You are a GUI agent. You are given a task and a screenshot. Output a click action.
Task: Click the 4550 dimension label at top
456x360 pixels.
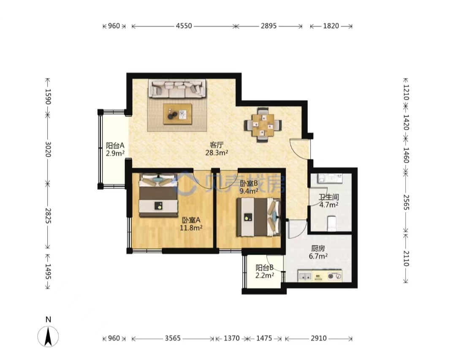click(184, 26)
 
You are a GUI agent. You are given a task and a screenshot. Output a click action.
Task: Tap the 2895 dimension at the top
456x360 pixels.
click(269, 26)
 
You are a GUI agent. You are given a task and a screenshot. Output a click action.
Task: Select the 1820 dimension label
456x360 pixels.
click(331, 26)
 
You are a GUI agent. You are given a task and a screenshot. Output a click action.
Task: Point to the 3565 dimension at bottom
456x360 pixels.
click(173, 338)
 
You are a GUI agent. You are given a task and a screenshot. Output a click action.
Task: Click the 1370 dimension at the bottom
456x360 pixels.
click(231, 338)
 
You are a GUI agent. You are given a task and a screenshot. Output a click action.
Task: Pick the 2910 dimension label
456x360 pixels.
click(318, 338)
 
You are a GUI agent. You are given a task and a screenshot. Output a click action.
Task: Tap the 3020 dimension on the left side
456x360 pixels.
click(48, 149)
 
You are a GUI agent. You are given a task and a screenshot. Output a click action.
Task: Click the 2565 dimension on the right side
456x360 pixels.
click(406, 202)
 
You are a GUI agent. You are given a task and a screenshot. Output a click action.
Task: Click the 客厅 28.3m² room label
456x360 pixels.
click(217, 149)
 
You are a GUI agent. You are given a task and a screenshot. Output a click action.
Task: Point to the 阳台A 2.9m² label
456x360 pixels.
click(115, 149)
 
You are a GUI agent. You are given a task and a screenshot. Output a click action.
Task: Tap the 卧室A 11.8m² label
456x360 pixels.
click(191, 224)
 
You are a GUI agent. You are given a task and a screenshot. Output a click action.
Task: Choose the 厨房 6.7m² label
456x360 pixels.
click(318, 252)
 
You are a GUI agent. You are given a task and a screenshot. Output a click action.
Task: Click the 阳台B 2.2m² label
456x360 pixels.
click(265, 271)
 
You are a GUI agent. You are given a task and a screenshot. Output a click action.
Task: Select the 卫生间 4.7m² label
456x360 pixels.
click(329, 201)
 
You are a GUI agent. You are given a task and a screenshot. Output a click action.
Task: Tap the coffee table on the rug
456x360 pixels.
click(177, 114)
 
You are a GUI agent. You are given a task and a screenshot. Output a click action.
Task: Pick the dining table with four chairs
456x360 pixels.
click(263, 125)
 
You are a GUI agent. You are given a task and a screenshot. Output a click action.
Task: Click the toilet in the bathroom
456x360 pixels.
click(331, 223)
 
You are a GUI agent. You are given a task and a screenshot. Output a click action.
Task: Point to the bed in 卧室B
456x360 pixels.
click(258, 217)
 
